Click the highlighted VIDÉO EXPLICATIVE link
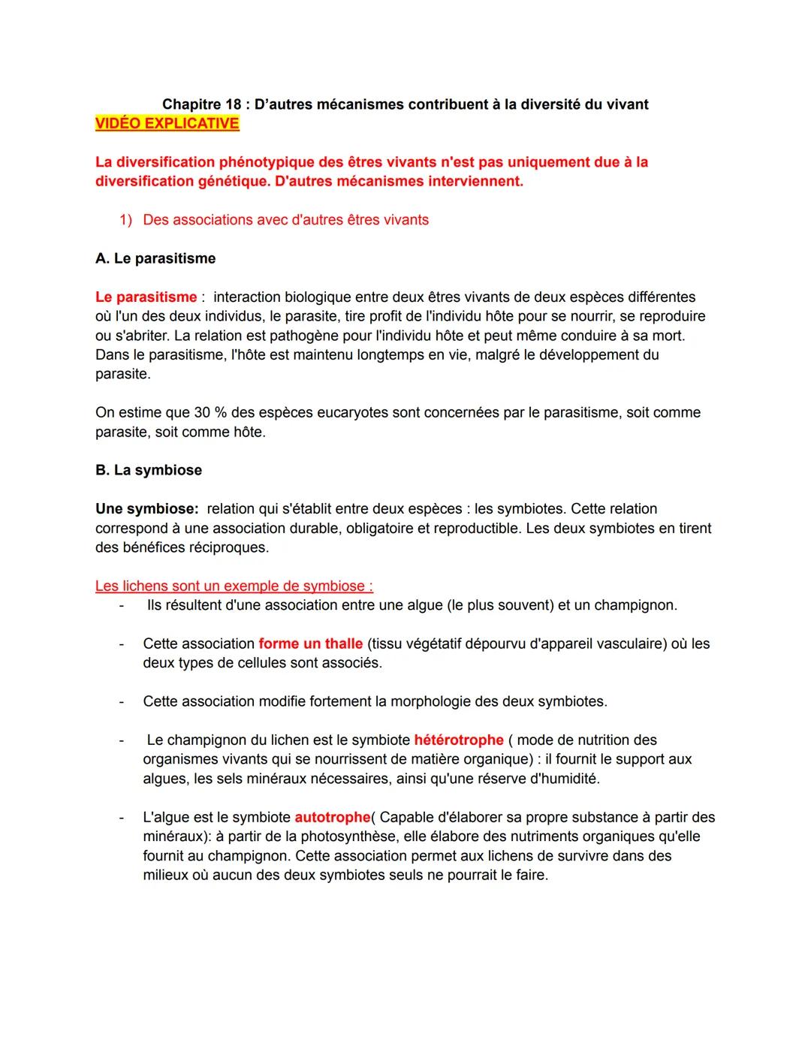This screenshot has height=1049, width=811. click(167, 124)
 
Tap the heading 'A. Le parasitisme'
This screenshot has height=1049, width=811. click(155, 258)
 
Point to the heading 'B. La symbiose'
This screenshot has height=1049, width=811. click(149, 470)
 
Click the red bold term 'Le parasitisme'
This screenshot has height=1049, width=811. click(146, 297)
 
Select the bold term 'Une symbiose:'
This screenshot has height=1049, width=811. click(146, 509)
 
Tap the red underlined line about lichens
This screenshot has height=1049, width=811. click(234, 586)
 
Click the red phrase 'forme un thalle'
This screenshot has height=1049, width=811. click(310, 644)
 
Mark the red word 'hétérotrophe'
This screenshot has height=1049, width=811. click(458, 740)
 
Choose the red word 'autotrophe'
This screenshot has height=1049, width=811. click(333, 817)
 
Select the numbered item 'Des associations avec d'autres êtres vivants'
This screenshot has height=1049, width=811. click(285, 220)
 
